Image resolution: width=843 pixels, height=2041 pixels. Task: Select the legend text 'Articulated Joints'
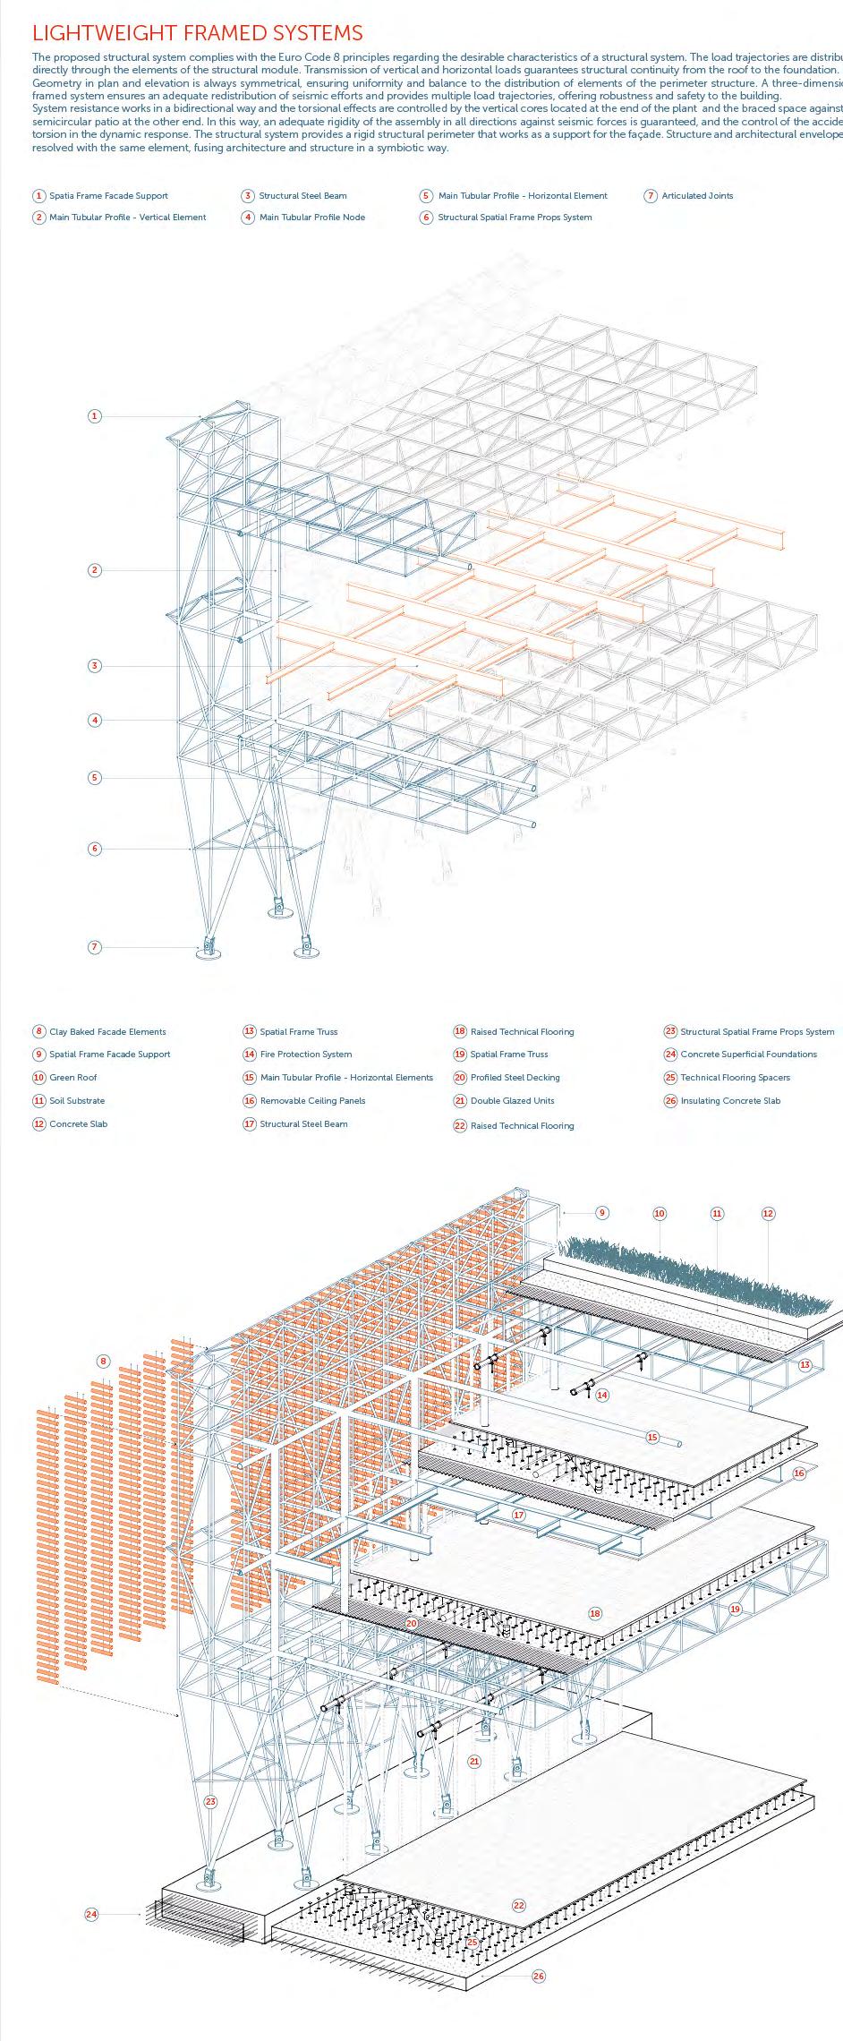pos(697,195)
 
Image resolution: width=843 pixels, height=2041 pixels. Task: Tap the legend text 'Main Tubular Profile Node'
pos(311,217)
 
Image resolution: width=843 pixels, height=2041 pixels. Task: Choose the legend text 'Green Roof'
pos(73,1077)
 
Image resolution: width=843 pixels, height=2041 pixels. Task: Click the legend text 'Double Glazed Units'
pos(512,1100)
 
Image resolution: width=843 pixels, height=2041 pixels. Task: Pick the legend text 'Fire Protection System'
pos(305,1054)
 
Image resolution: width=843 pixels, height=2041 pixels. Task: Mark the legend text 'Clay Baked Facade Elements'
pos(107,1031)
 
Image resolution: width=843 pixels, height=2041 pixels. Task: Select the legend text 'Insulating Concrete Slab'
pos(730,1100)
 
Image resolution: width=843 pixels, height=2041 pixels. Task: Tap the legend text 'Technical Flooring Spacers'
pos(735,1077)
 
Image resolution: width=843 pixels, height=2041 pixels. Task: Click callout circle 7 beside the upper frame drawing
pos(95,946)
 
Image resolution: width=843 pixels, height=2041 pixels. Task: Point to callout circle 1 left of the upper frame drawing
pos(95,415)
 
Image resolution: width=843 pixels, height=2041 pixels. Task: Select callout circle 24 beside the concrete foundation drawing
pos(91,1914)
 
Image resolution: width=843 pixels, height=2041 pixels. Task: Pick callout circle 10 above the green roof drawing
pos(660,1214)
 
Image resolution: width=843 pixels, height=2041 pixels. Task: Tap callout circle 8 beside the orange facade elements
pos(103,1362)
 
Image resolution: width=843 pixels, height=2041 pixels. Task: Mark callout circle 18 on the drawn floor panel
pos(595,1613)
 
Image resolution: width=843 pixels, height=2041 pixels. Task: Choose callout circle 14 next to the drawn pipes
pos(602,1395)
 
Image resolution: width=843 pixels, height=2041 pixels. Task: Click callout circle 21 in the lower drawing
pos(474,1761)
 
